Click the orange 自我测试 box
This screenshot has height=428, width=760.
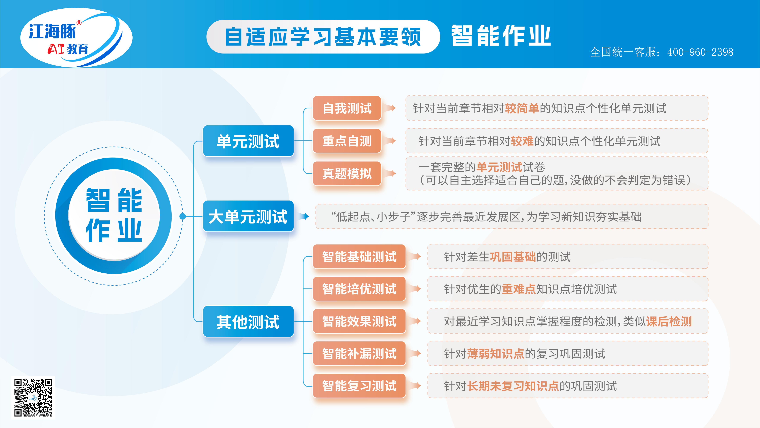pyautogui.click(x=347, y=108)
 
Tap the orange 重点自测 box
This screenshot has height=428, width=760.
pyautogui.click(x=347, y=141)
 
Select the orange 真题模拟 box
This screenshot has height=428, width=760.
pyautogui.click(x=347, y=173)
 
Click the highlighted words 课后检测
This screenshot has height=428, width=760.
pyautogui.click(x=669, y=321)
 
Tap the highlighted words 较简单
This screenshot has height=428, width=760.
pyautogui.click(x=522, y=108)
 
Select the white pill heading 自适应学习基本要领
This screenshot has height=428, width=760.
pyautogui.click(x=323, y=37)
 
